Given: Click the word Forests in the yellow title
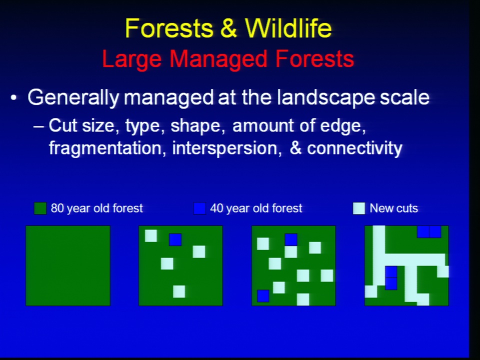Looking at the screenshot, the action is pos(168,28).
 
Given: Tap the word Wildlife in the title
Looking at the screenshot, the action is pos(288,28).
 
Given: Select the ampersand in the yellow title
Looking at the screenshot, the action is pos(228,28).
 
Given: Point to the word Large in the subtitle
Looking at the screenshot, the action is pos(132,59).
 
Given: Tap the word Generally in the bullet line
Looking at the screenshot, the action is pos(73,97).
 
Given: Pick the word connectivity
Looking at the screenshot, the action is pos(354,148).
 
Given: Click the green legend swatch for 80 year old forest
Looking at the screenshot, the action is pos(40,208).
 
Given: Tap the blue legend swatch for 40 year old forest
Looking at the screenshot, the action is pos(199,208).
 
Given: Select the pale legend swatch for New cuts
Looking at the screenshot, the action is pos(359,208).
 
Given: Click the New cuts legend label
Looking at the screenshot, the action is pos(393,208).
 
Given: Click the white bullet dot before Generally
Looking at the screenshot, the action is pos(13,98).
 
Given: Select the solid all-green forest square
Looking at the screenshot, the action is pos(67,265).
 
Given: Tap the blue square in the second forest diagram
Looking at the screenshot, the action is pos(175,239).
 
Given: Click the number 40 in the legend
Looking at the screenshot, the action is pos(216,208).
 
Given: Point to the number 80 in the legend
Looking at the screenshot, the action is pos(57,208).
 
